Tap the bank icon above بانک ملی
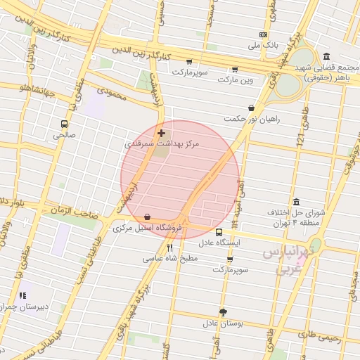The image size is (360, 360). click(263, 34)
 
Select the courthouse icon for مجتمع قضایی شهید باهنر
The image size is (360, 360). click(326, 56)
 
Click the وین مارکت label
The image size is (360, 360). click(234, 79)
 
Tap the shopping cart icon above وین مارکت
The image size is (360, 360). click(234, 69)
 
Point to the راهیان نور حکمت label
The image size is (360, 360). click(252, 119)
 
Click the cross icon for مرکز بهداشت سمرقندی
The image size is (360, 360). click(162, 133)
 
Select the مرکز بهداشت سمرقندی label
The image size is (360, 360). click(162, 143)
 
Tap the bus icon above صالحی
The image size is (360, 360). click(65, 124)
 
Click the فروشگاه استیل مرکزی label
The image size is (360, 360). click(148, 228)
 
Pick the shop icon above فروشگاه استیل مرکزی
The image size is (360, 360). click(146, 217)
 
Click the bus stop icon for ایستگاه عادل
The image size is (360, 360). click(219, 231)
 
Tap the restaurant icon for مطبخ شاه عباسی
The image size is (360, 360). click(169, 247)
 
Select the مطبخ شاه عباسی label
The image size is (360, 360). click(172, 258)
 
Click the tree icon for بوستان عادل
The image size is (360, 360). click(223, 311)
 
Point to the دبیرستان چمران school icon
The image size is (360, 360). click(22, 296)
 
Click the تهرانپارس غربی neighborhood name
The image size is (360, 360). click(290, 260)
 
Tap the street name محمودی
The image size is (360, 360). click(112, 93)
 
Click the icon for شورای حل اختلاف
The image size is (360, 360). click(295, 202)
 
